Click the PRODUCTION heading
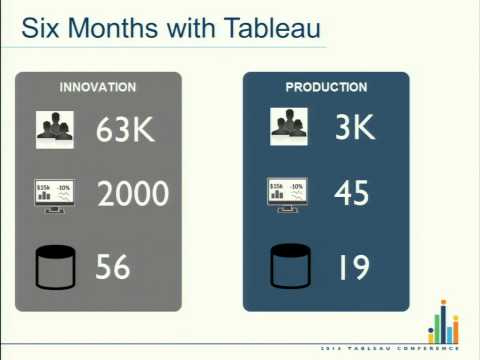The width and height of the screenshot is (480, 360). [326, 87]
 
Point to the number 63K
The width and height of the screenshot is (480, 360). [127, 130]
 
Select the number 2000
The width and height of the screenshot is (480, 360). [133, 193]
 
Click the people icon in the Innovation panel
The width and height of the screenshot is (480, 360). [56, 127]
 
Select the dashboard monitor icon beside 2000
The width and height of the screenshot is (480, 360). [56, 193]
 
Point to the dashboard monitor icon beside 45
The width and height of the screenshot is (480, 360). [288, 193]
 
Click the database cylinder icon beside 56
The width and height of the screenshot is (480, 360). [56, 267]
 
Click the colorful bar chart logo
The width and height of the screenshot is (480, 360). [442, 322]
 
